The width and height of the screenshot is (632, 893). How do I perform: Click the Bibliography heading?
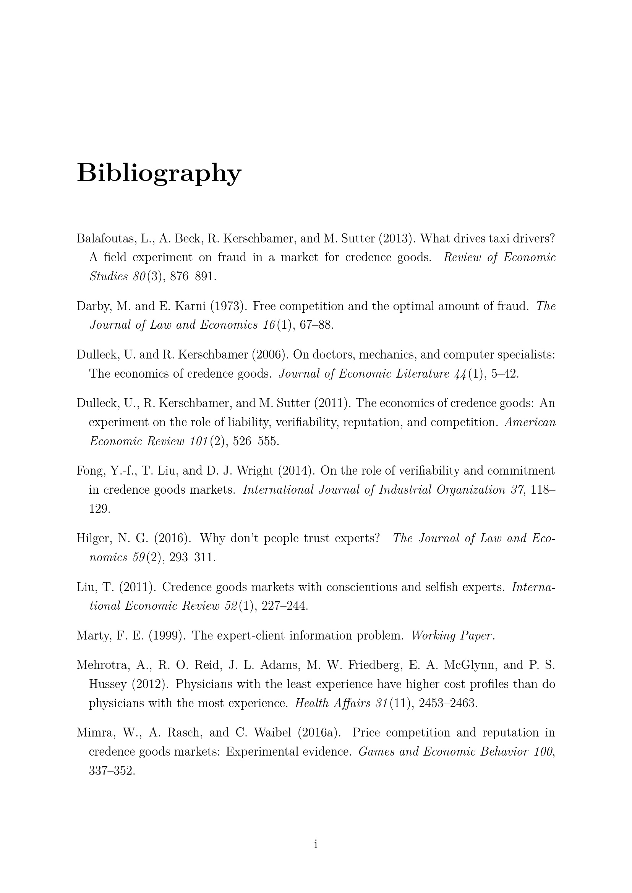159,173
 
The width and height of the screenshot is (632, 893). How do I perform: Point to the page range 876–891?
193,276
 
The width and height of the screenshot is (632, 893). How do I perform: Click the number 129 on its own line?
100,509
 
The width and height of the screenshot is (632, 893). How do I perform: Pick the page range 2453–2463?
448,703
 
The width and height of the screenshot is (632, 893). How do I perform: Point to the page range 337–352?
112,770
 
